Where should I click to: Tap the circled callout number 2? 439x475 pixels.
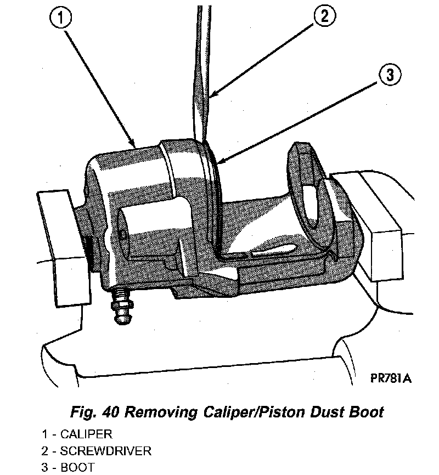(324, 16)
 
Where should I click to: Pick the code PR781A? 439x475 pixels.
(390, 379)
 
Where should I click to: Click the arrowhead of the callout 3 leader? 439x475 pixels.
(217, 163)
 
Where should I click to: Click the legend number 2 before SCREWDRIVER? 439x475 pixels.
(43, 451)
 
